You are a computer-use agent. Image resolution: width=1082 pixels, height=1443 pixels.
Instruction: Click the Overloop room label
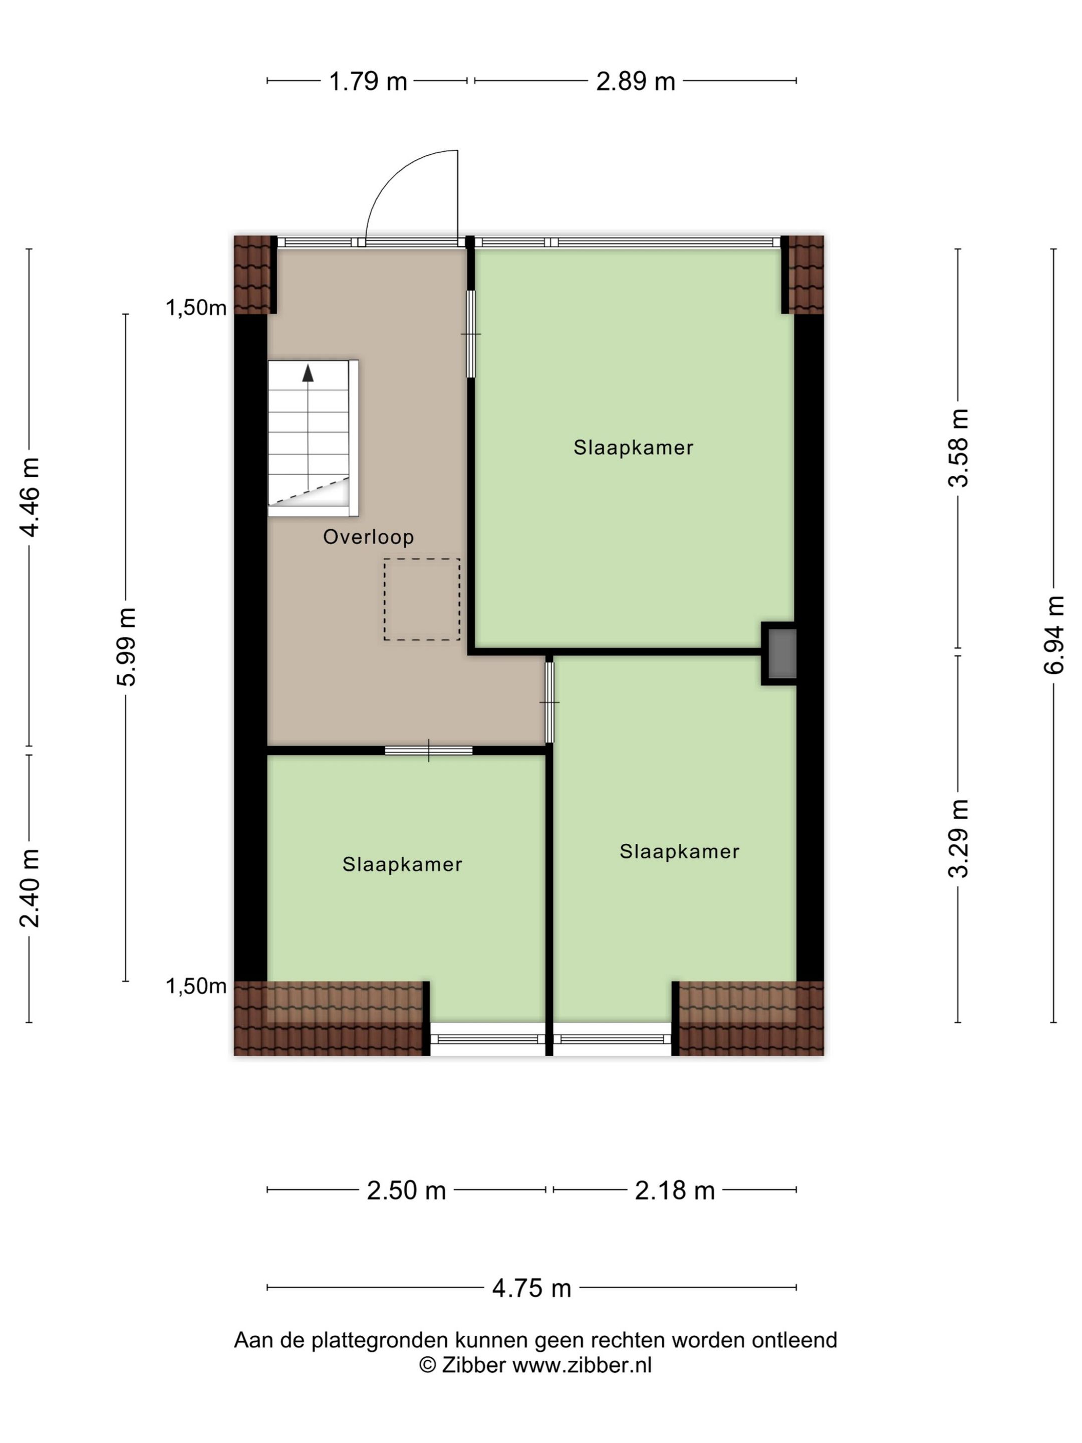point(369,537)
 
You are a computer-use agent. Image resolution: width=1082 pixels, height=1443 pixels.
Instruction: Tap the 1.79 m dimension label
point(368,82)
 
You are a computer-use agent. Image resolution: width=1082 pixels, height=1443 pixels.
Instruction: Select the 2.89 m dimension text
point(635,82)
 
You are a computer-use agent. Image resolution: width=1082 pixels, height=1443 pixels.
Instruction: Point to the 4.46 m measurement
point(30,497)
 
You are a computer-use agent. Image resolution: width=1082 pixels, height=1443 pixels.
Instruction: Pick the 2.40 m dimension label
point(30,888)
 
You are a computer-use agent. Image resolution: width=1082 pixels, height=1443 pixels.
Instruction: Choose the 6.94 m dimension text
point(1054,635)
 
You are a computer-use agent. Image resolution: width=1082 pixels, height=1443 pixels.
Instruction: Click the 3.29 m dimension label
point(958,838)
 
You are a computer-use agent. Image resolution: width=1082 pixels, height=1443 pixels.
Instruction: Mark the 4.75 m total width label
point(531,1288)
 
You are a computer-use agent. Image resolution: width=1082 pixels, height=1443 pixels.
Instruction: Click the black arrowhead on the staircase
point(308,373)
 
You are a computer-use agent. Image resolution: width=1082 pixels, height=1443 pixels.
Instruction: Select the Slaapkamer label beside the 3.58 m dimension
point(633,447)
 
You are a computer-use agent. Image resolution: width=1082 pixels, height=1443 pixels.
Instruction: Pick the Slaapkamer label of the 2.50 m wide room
point(402,864)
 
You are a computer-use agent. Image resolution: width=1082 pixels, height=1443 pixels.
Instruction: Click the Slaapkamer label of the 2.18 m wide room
point(680,851)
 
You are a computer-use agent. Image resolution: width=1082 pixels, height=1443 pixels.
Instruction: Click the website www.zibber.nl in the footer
point(582,1365)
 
